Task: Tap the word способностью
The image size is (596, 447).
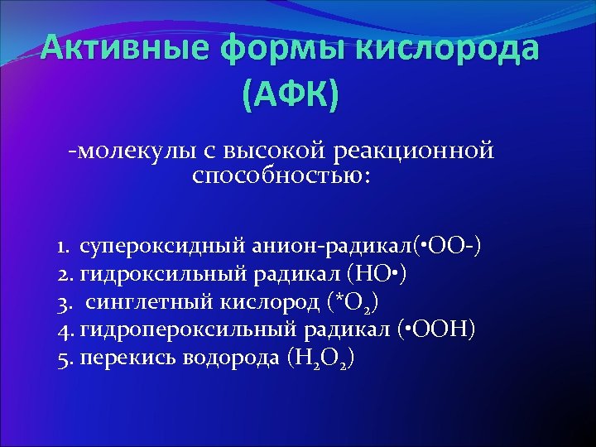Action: (x=282, y=175)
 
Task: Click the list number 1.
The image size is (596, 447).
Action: (x=63, y=247)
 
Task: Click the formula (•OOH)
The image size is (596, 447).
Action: (x=436, y=330)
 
